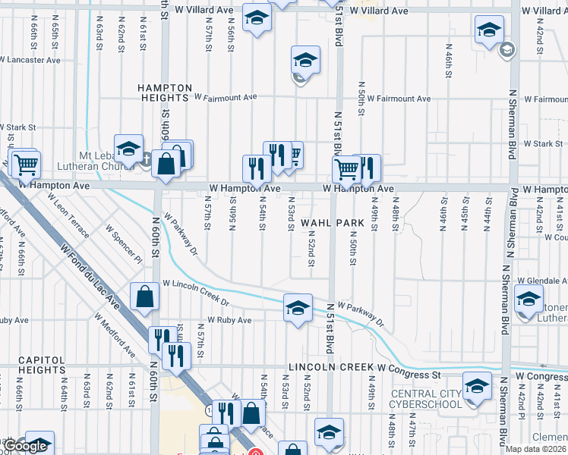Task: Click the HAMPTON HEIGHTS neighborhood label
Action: point(163,93)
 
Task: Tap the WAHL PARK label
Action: point(327,223)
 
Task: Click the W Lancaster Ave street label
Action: point(30,58)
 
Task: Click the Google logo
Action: point(27,446)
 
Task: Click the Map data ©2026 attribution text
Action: point(535,449)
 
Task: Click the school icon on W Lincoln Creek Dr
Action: point(298,307)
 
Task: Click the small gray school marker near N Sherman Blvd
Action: point(506,51)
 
